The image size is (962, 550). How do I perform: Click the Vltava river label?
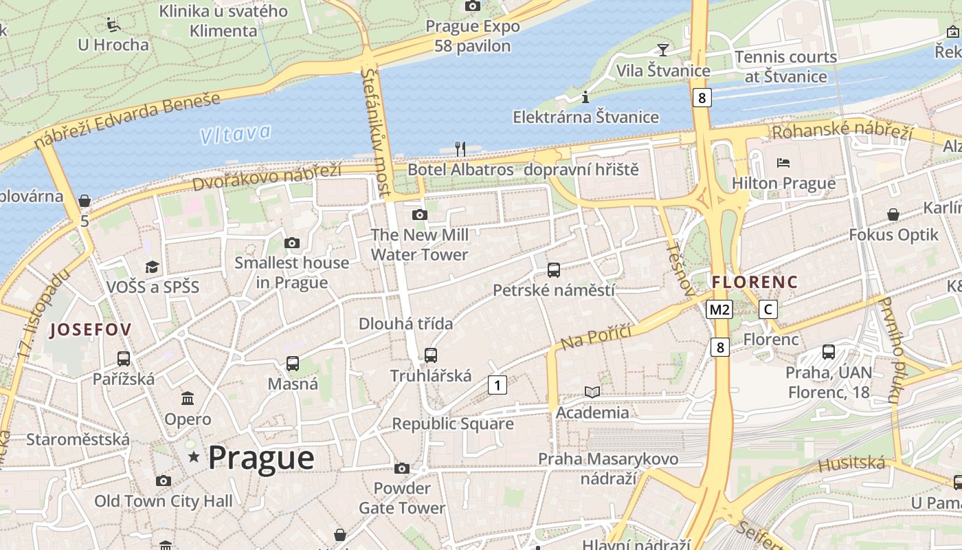236,134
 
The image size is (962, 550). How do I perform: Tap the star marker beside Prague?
194,457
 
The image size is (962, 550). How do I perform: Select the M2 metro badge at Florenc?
719,309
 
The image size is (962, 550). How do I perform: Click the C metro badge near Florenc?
768,309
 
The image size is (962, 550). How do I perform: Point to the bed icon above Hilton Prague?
783,163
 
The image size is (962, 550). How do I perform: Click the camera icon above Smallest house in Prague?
292,243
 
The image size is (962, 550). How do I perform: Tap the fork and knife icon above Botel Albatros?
460,148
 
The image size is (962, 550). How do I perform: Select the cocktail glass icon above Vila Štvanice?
662,49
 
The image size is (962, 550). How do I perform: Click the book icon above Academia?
592,392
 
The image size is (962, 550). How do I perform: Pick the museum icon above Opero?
188,399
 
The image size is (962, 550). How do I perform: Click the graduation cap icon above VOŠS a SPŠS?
152,266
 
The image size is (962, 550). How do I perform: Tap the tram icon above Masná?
293,363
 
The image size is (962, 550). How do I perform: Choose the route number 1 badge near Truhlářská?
497,385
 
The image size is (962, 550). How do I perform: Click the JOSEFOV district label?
91,330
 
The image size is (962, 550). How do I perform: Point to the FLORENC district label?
754,282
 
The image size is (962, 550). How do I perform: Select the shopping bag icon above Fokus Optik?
893,214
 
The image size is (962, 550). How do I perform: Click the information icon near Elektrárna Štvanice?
585,96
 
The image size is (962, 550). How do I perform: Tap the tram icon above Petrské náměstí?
554,269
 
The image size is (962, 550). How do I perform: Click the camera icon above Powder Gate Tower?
402,469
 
